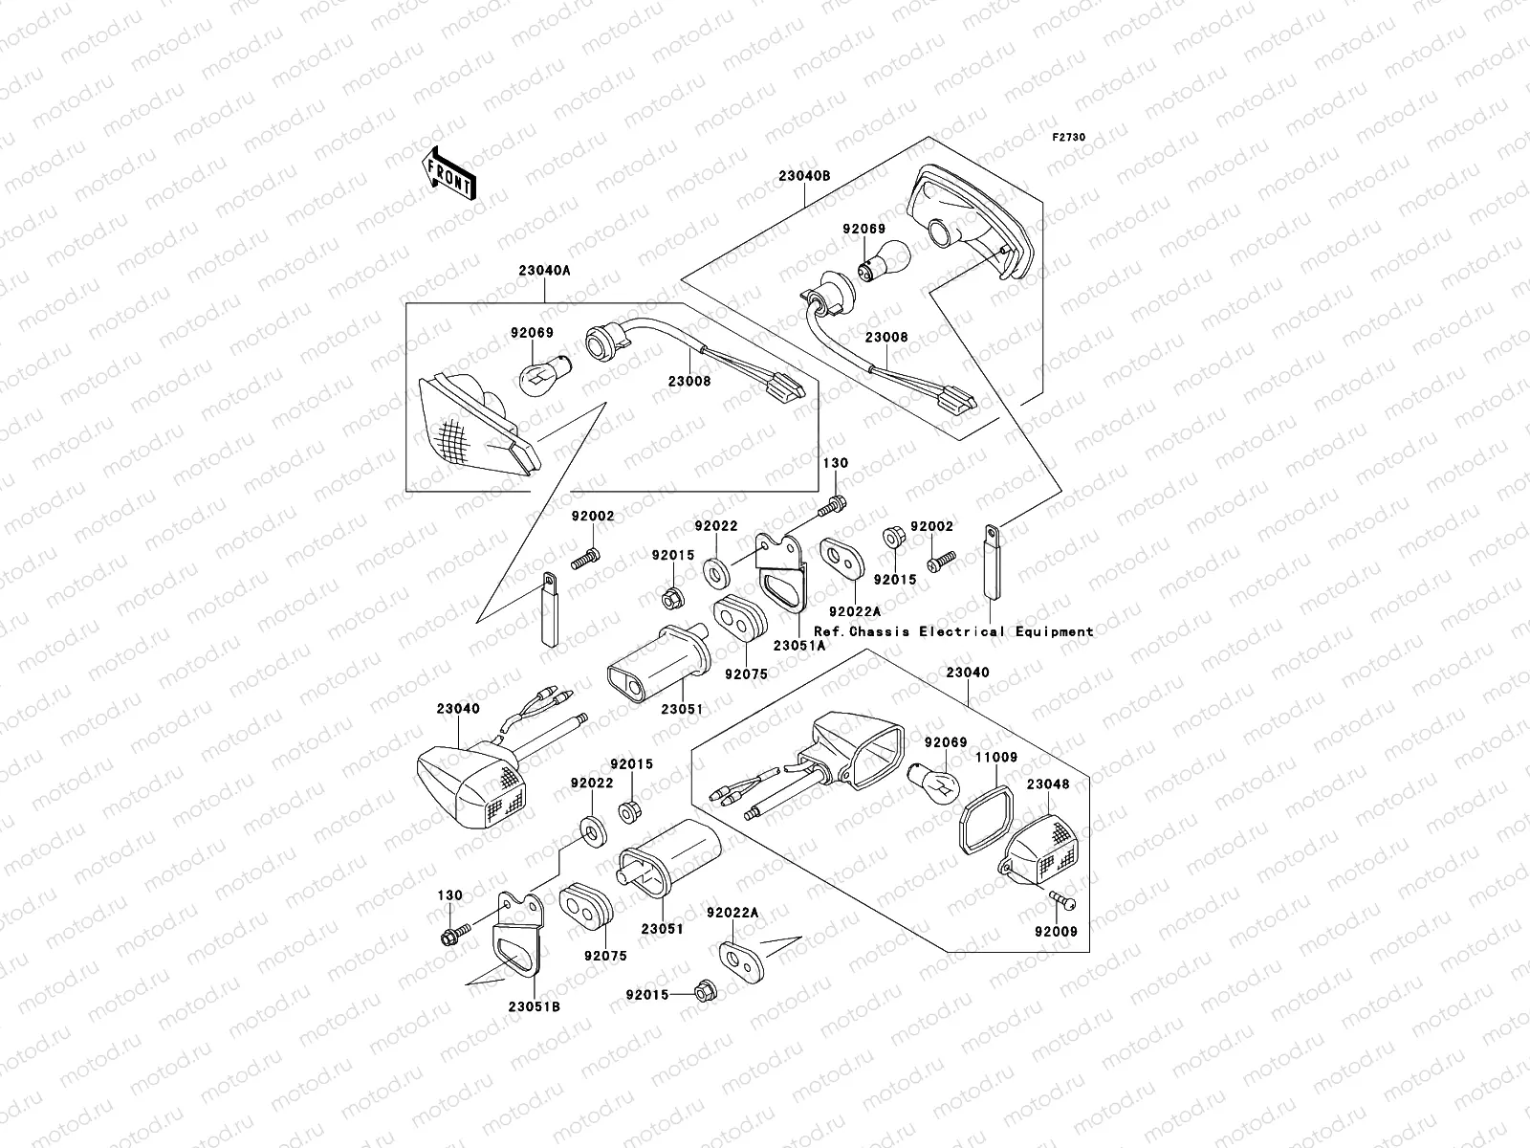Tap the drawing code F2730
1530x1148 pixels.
click(1069, 138)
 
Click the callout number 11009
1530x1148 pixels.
click(995, 758)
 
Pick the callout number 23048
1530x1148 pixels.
click(1048, 784)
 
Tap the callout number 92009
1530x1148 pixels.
click(1055, 930)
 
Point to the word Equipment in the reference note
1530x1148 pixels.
click(1055, 631)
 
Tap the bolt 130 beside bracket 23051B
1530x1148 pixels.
click(454, 934)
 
